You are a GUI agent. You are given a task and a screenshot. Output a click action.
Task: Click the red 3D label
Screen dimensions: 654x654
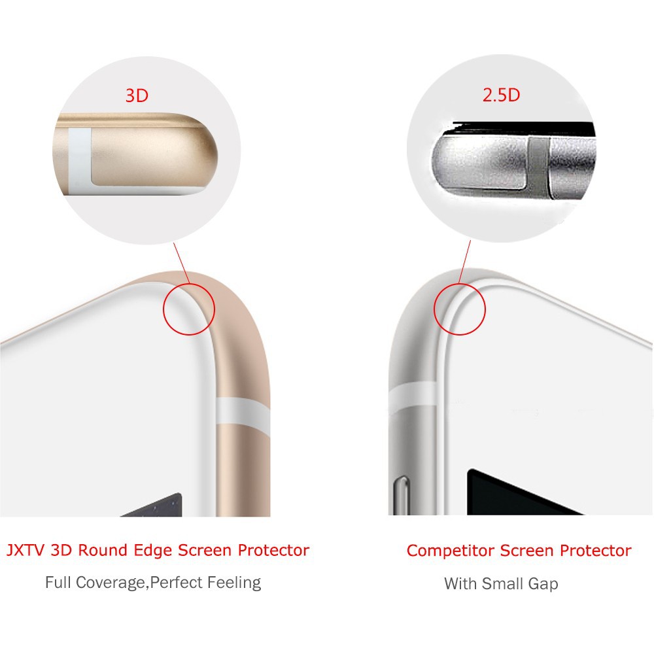click(137, 95)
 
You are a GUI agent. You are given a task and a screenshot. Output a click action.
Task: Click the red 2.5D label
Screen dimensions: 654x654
click(502, 95)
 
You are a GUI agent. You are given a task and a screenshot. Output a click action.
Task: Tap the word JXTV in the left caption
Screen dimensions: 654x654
click(26, 550)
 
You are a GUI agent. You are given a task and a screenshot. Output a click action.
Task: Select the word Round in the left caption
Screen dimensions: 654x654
click(103, 550)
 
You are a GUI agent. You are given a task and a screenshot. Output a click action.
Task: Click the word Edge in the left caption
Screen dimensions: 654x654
click(152, 551)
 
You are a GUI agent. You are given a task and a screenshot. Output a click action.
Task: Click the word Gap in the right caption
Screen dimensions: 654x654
click(543, 584)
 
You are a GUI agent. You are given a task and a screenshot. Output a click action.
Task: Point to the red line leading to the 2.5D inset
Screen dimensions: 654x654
click(464, 262)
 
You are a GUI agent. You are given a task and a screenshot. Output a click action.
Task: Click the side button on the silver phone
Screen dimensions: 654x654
click(402, 496)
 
